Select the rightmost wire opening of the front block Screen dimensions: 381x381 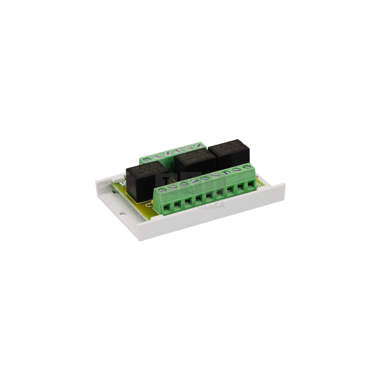click(x=250, y=185)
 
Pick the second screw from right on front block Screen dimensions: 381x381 click(x=237, y=170)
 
